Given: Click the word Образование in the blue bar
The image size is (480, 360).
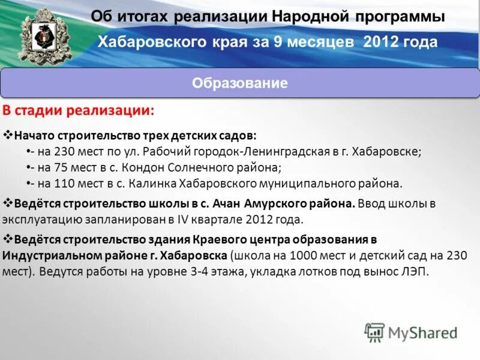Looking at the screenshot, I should point(239,83).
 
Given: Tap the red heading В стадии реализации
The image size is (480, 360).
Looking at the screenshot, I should point(79,111).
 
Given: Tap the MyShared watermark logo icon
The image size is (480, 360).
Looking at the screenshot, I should point(374,332).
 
